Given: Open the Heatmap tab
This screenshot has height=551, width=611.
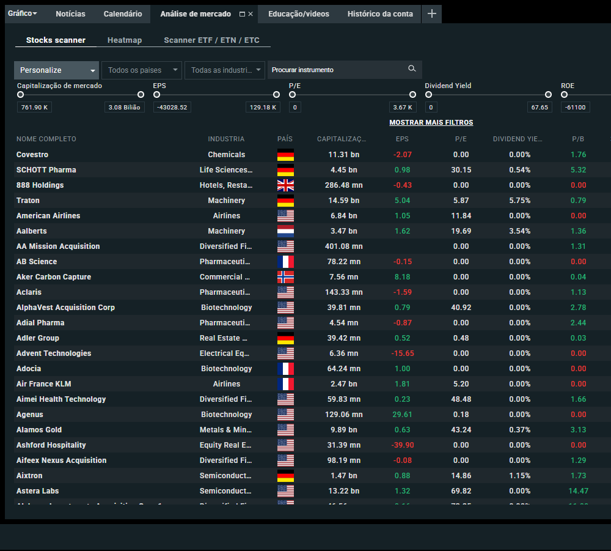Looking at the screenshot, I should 125,40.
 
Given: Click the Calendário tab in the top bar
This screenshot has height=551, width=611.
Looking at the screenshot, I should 123,14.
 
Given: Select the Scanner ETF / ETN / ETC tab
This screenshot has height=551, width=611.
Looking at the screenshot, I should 211,40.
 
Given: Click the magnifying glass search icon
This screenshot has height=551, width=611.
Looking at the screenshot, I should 412,69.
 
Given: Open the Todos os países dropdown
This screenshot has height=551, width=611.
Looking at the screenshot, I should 142,70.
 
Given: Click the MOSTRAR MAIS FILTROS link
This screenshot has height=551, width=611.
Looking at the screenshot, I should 431,122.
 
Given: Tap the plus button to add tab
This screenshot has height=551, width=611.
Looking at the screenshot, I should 432,14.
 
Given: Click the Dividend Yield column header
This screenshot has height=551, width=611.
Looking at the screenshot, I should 517,139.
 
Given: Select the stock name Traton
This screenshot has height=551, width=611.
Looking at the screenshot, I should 28,201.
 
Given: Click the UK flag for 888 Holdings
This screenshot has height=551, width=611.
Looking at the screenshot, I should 285,185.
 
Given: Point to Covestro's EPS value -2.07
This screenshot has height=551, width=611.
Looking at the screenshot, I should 402,155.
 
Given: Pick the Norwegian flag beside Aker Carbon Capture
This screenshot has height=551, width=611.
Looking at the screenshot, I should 285,277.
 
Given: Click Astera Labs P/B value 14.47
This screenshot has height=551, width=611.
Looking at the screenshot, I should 578,491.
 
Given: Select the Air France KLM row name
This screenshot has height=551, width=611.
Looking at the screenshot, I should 44,384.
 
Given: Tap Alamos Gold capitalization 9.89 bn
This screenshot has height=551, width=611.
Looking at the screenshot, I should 343,430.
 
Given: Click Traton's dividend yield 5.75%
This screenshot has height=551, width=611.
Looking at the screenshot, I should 519,201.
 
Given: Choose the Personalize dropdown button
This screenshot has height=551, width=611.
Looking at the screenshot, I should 57,70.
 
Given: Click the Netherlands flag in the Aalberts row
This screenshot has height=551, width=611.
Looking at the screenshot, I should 285,231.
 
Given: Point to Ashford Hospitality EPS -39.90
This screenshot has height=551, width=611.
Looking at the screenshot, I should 402,445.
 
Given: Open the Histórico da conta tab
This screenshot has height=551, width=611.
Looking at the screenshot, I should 380,14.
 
